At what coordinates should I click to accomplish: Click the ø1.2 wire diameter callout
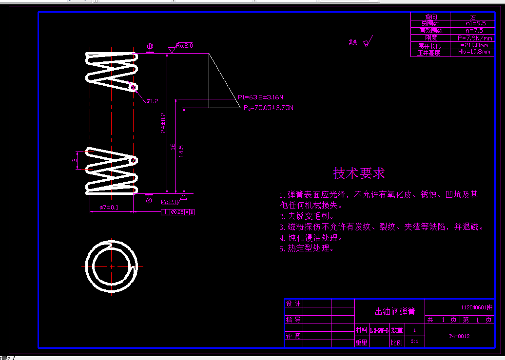pos(152,101)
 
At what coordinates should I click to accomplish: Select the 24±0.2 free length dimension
pos(164,123)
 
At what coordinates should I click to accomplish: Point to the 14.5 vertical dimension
pos(181,151)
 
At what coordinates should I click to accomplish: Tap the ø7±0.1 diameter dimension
pos(109,208)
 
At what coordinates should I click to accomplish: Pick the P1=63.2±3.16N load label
pos(260,97)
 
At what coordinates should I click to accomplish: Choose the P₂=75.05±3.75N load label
pos(269,107)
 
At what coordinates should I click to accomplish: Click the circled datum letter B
pos(150,47)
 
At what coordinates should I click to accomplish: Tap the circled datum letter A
pos(150,200)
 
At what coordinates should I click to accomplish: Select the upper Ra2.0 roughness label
pos(185,45)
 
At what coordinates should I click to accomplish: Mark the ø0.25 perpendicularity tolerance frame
pos(177,212)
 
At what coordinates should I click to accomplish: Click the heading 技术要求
pos(359,173)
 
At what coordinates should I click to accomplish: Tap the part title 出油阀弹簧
pos(395,311)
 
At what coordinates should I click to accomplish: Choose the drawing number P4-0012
pos(459,336)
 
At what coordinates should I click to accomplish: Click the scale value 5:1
pos(414,342)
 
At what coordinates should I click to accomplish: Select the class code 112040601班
pos(477,308)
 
